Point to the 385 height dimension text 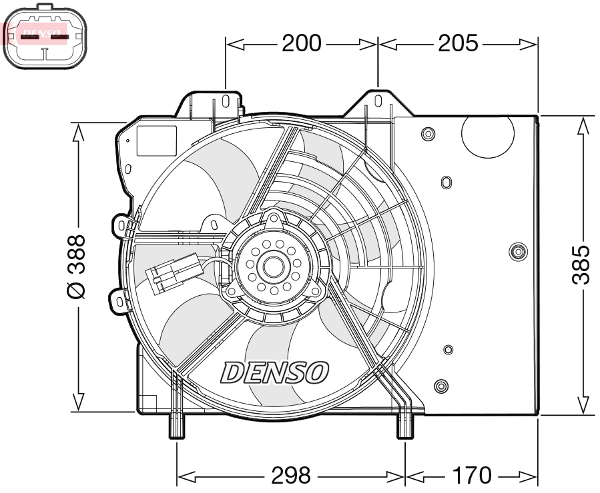point(582,264)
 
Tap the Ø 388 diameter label point(78,265)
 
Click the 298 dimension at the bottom point(291,476)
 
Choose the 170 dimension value point(471,476)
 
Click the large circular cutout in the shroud point(489,135)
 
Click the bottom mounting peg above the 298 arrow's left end point(176,426)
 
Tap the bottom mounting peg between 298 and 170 point(405,426)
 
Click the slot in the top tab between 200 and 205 point(378,101)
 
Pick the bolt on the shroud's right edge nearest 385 point(517,251)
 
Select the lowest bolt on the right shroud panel point(440,386)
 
